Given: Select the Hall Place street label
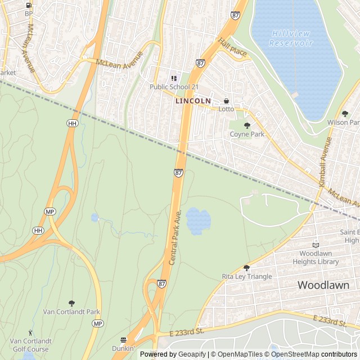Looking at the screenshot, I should click(x=233, y=48).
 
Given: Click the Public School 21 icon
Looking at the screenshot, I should click(x=174, y=78).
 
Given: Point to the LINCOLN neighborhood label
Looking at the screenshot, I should click(x=193, y=101).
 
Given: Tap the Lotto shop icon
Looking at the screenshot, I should click(x=226, y=101).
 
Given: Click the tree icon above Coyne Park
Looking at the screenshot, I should click(x=247, y=125).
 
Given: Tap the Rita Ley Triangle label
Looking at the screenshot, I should click(x=246, y=276).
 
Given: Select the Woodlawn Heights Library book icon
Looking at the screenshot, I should click(x=316, y=245).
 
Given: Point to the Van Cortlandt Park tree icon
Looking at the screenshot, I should click(x=71, y=303).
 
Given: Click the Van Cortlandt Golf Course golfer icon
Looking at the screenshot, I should click(x=30, y=332).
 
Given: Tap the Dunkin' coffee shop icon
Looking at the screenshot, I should click(x=123, y=340).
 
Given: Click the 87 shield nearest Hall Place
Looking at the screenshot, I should click(x=200, y=64).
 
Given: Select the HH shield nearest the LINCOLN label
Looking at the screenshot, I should click(x=71, y=123).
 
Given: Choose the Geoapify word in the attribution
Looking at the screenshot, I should click(x=192, y=354).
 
